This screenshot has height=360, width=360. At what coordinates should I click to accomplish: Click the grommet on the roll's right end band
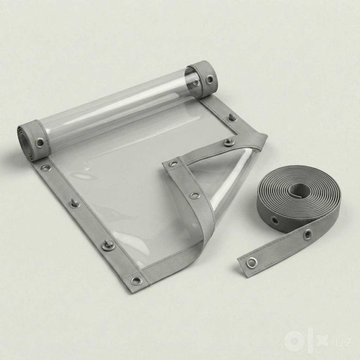coord(210,79)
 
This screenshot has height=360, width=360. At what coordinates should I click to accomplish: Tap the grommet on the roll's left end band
coord(40,142)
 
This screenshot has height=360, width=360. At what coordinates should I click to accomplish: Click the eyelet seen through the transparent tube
coord(196,82)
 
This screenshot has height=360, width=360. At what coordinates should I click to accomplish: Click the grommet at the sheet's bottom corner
coord(136,280)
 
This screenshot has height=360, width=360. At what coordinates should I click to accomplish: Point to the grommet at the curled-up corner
coord(173,164)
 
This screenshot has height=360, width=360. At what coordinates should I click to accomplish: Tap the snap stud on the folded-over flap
coord(228,143)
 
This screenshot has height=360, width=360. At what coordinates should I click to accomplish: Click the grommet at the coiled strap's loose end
coord(250,263)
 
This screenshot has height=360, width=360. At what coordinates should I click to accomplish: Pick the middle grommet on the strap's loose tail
coord(307,234)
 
